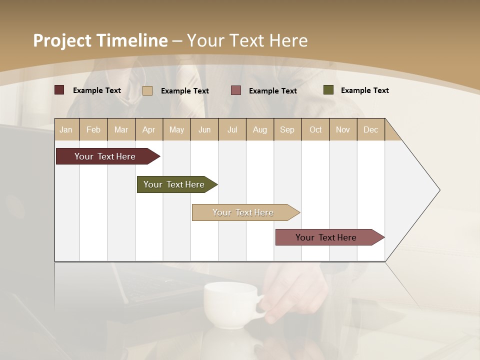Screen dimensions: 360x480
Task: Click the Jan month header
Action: click(66, 129)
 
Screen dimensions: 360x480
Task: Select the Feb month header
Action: click(93, 129)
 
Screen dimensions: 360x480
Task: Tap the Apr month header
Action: click(149, 129)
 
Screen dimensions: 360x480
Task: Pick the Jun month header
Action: click(204, 129)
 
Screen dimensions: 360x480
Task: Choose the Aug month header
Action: click(260, 129)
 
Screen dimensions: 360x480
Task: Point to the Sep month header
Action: click(287, 129)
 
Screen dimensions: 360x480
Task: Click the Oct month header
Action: click(315, 129)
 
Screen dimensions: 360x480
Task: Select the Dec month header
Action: click(371, 129)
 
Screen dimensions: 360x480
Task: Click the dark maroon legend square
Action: click(59, 90)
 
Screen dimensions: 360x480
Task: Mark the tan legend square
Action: click(147, 90)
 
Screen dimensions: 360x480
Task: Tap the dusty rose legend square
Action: click(236, 90)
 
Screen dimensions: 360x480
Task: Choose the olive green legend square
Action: click(328, 90)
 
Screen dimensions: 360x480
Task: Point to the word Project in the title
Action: click(62, 40)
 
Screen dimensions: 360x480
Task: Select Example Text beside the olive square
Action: click(364, 90)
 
